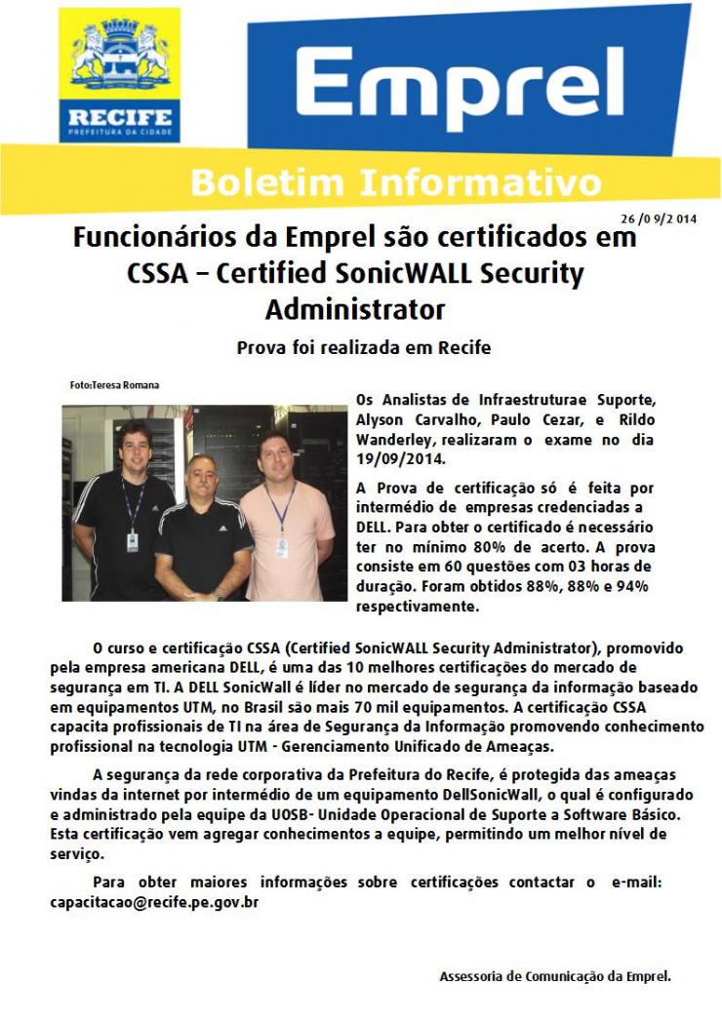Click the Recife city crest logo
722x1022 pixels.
coord(119,73)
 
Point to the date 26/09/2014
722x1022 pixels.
coord(658,219)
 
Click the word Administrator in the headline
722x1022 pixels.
coord(355,310)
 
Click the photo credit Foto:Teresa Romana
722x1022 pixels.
coord(115,385)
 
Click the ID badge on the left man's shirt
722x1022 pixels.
coord(133,541)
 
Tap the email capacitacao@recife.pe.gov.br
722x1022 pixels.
coord(154,902)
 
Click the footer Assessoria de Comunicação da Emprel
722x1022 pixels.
coord(555,975)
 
